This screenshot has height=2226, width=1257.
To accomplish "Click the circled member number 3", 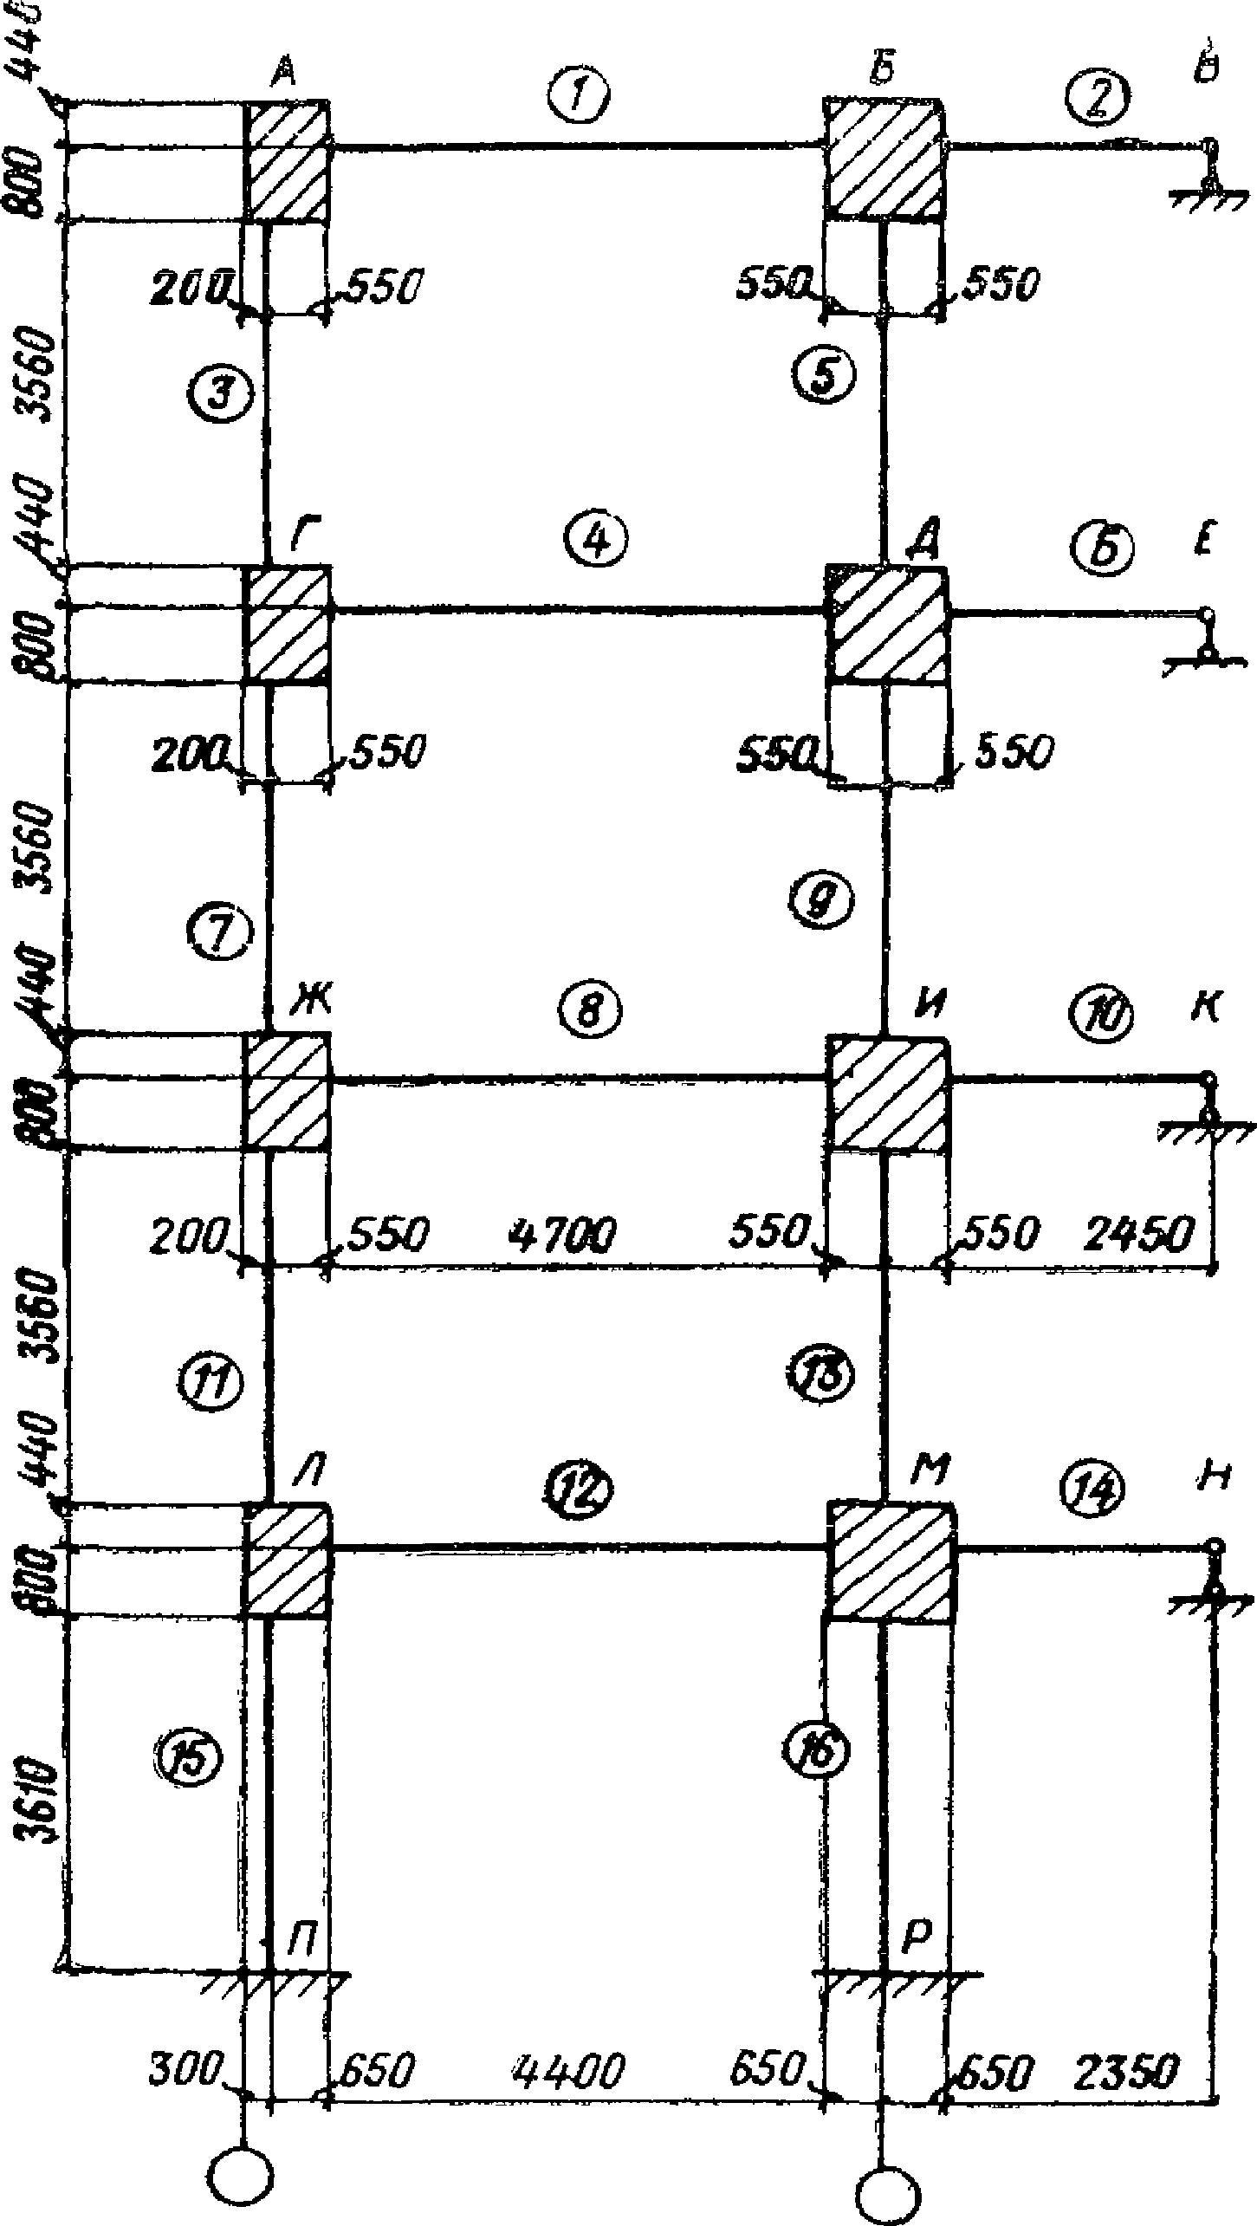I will pyautogui.click(x=219, y=394).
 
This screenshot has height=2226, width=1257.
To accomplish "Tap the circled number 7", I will pyautogui.click(x=219, y=935).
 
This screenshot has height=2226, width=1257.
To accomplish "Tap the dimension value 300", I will pyautogui.click(x=183, y=2068).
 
